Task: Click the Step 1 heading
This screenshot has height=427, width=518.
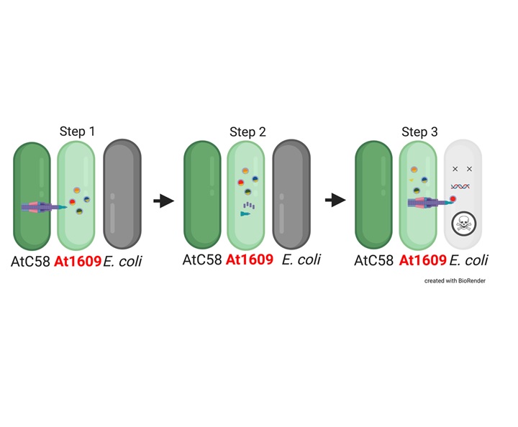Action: [77, 132]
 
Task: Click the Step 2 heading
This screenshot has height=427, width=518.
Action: [247, 132]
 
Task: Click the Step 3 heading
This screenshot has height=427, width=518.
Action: [419, 132]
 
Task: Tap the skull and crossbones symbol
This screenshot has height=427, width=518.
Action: [464, 224]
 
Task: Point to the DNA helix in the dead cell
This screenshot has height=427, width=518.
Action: [460, 187]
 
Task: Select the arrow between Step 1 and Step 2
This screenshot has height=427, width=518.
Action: [164, 201]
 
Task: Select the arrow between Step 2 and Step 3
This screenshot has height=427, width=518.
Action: [335, 200]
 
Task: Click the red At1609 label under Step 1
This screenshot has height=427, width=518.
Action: [78, 262]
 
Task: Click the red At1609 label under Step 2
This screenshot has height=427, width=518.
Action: [250, 260]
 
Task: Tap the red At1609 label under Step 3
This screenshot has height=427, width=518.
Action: [423, 260]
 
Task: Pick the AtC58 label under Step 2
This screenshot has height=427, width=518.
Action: [202, 260]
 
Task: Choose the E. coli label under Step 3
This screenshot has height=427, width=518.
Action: [469, 260]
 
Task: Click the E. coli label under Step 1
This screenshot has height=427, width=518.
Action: [122, 262]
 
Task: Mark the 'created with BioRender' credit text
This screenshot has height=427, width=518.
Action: [455, 281]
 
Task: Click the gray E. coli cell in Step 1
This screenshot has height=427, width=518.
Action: [122, 193]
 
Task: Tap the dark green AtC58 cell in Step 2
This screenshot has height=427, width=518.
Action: [202, 195]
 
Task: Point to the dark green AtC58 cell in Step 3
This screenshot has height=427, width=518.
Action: [373, 195]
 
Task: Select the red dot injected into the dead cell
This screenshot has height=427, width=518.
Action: [453, 199]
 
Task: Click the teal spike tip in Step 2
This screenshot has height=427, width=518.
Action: [245, 214]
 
